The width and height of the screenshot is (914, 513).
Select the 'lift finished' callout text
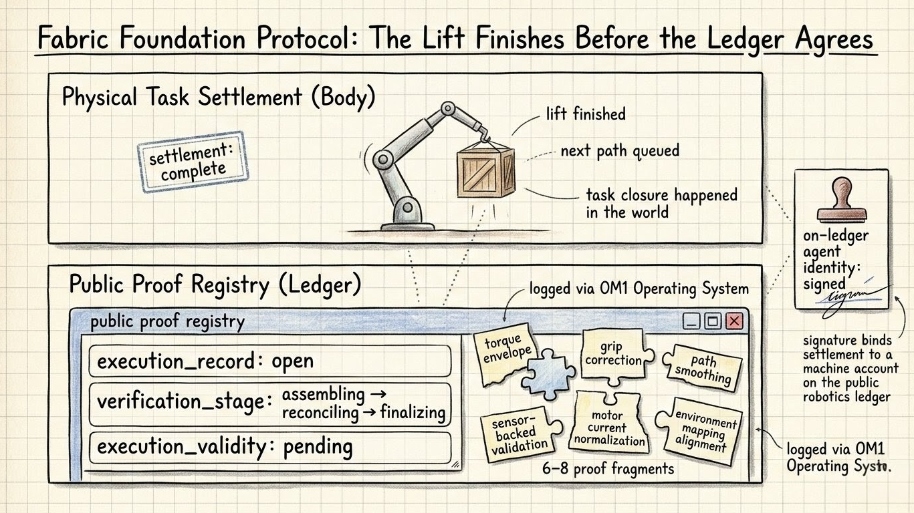585,114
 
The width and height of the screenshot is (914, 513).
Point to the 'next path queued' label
619,151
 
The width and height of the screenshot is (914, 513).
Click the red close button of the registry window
734,321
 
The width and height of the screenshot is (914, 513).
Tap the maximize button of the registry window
713,321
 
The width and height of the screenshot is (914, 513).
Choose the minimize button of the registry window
692,321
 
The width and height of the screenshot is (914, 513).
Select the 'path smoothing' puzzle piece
702,367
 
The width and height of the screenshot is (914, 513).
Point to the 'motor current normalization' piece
608,426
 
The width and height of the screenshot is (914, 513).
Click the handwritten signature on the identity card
850,293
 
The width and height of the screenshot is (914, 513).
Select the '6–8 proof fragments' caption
608,468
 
